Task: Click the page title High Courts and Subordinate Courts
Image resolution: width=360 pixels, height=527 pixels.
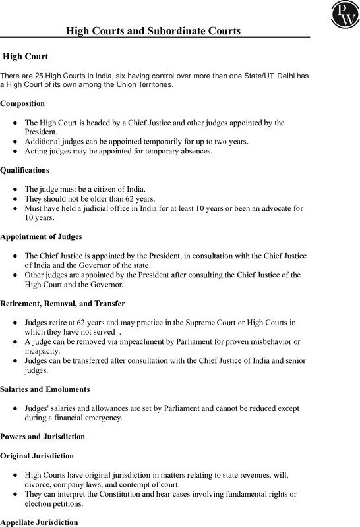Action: click(154, 31)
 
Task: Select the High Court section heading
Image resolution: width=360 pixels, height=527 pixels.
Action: click(26, 57)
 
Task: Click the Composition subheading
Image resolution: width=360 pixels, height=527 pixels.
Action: click(22, 103)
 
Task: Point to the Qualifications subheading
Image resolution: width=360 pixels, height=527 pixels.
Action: click(24, 169)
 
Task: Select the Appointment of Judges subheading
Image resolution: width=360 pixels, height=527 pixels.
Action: click(42, 236)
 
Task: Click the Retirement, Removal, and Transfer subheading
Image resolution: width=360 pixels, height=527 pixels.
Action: click(63, 303)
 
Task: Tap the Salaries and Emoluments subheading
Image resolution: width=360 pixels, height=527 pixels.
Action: click(45, 389)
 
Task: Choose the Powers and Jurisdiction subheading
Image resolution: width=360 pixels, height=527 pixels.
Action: click(42, 436)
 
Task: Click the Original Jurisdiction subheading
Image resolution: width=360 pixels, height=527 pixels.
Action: click(37, 455)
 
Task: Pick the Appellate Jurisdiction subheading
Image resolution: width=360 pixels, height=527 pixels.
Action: click(39, 522)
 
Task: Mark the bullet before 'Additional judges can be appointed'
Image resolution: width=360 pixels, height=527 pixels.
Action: click(15, 142)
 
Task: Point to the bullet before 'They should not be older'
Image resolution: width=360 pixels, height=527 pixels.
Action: click(15, 198)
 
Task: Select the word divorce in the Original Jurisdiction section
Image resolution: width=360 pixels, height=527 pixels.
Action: click(38, 484)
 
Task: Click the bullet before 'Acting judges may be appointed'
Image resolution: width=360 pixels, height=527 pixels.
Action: click(15, 152)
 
